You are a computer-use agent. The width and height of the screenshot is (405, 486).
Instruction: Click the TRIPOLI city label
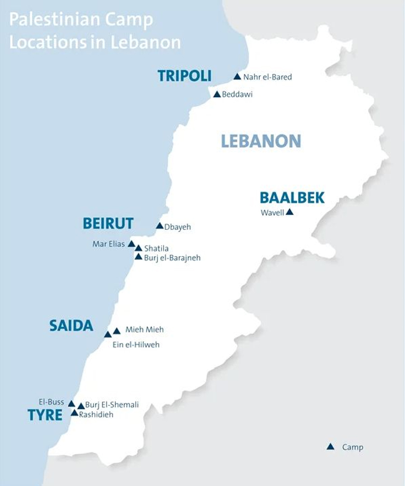185,76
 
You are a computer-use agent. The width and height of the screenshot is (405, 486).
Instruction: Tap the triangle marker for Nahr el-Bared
237,77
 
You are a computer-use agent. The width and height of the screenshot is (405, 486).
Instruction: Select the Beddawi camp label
237,95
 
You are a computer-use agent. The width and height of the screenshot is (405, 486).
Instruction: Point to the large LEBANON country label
261,141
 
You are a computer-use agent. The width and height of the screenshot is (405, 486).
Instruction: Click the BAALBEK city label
292,198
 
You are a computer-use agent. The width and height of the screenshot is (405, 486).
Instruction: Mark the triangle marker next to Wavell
289,212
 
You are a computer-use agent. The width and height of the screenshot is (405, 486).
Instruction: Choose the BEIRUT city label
108,223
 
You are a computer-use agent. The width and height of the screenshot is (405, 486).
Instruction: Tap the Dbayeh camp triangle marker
160,226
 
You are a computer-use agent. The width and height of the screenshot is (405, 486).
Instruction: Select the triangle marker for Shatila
138,248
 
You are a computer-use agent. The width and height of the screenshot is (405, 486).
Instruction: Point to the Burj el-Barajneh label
172,258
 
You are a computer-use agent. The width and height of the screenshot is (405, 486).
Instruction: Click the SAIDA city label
71,326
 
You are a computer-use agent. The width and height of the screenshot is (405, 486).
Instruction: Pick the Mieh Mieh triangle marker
117,331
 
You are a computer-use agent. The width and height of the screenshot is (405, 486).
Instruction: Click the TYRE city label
45,415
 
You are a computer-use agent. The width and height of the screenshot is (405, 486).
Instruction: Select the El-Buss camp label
52,402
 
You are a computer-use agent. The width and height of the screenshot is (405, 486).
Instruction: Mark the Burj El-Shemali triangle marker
81,406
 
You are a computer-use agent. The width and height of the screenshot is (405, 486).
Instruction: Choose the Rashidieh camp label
96,414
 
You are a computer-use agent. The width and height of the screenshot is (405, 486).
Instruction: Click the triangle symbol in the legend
330,447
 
